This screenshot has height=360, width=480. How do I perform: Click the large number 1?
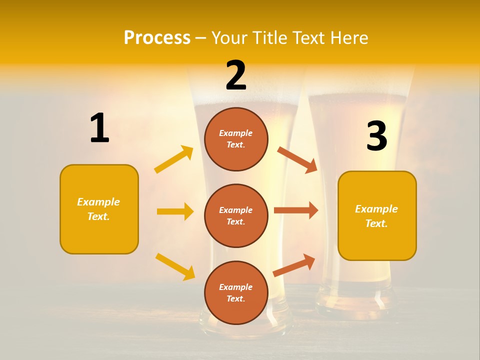click(x=99, y=128)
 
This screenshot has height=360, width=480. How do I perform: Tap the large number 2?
click(x=236, y=75)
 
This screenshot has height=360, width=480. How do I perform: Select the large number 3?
click(x=376, y=136)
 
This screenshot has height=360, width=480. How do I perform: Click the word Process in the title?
click(x=157, y=37)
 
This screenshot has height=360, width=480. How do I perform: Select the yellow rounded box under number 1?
click(x=99, y=209)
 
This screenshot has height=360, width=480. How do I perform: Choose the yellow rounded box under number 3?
click(x=377, y=215)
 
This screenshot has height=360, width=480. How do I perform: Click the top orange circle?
click(x=236, y=139)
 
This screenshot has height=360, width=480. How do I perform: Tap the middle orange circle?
click(x=236, y=215)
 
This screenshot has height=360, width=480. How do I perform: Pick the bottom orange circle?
click(x=236, y=292)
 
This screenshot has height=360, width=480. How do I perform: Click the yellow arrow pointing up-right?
click(x=174, y=159)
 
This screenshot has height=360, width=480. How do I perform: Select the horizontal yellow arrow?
click(x=175, y=211)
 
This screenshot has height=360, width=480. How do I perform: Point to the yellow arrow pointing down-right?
click(x=175, y=266)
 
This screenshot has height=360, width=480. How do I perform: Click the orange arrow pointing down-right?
click(x=297, y=159)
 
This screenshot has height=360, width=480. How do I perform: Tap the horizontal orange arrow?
click(x=295, y=210)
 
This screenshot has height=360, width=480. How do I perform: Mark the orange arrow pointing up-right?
click(x=294, y=265)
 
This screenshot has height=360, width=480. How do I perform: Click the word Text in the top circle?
click(x=235, y=145)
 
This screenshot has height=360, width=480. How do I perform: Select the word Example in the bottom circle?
click(x=235, y=287)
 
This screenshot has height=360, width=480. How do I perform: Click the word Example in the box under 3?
click(x=376, y=209)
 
